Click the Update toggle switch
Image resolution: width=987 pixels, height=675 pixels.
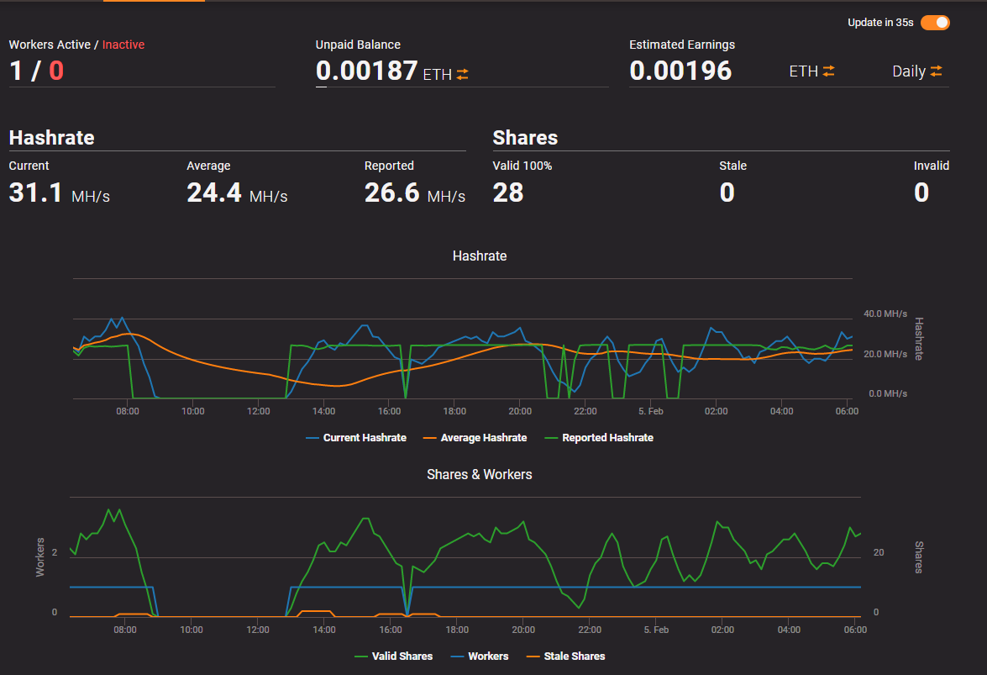[935, 23]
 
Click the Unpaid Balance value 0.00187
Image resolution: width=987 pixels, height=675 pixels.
[366, 71]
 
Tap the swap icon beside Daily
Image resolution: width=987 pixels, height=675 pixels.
[936, 71]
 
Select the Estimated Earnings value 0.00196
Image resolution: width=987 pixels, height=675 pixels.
[680, 71]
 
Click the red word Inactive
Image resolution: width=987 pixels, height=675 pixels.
[123, 45]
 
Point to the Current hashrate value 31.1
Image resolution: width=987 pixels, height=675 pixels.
[35, 192]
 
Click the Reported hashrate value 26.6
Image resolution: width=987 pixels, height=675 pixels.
[391, 192]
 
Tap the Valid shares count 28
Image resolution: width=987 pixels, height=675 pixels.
[508, 192]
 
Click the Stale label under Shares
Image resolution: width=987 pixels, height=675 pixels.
[732, 166]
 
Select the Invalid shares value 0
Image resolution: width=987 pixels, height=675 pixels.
[921, 192]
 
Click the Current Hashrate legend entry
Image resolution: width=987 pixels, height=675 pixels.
[356, 438]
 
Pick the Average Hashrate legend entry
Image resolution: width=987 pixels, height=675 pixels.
[475, 438]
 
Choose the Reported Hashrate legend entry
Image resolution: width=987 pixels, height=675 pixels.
[599, 438]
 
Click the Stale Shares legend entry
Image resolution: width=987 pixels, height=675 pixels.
[566, 657]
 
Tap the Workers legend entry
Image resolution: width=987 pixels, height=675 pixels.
[480, 657]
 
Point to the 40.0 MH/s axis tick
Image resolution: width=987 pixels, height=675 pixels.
[885, 314]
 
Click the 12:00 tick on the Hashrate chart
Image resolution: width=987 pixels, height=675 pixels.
[258, 411]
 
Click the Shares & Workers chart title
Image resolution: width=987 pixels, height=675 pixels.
[480, 474]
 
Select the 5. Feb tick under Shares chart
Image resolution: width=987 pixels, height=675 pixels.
[656, 630]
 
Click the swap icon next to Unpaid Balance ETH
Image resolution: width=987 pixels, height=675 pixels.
[463, 74]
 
